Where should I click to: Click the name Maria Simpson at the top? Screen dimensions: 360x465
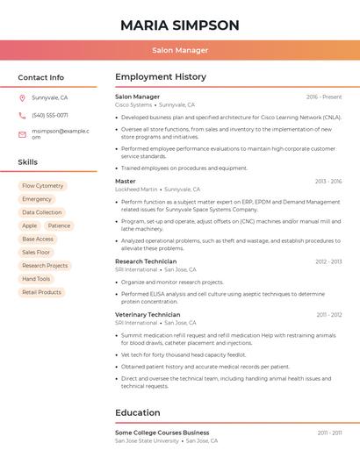click(179, 25)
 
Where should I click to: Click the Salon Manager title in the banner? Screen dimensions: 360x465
click(179, 50)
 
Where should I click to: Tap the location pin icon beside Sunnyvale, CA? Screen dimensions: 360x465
click(22, 97)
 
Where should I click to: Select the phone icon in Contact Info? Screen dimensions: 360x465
click(22, 115)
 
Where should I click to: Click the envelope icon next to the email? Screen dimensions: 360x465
click(22, 134)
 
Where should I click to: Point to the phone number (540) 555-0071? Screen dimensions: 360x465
click(50, 115)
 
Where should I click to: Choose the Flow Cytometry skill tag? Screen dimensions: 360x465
click(43, 186)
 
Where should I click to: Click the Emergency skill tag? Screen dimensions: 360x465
click(37, 199)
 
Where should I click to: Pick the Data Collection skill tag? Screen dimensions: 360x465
click(42, 212)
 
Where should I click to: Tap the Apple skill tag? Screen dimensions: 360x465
click(30, 225)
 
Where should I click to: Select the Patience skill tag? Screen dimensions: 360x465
click(59, 225)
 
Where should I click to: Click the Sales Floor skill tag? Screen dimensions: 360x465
click(36, 252)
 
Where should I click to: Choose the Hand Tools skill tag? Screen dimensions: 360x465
click(36, 279)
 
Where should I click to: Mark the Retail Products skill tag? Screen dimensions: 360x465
click(41, 292)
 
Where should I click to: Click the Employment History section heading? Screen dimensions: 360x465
click(161, 77)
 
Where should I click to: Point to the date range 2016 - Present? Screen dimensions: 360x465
click(324, 97)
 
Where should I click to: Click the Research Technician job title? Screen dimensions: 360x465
click(146, 261)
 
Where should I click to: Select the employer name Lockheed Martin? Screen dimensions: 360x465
click(136, 189)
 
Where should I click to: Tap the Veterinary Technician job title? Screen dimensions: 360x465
click(148, 314)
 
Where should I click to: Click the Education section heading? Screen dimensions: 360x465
click(138, 412)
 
